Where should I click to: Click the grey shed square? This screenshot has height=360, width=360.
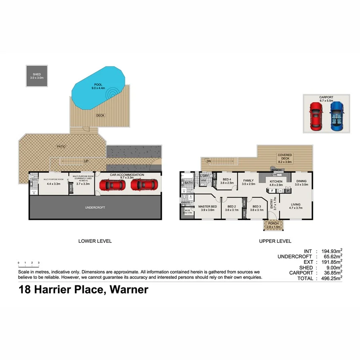point(37,76)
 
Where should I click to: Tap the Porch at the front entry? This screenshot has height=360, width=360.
point(274,225)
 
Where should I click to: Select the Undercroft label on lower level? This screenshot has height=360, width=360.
point(95,208)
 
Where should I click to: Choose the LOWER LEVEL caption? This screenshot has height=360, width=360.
point(95,241)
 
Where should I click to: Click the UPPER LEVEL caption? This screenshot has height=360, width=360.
point(275,241)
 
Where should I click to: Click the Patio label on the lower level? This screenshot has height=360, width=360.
point(61,146)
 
